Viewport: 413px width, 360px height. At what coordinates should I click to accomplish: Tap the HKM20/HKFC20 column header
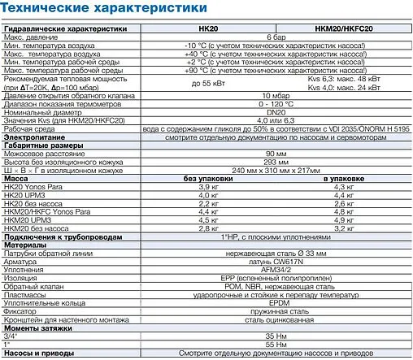344,28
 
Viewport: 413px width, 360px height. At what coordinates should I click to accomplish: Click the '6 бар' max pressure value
276,37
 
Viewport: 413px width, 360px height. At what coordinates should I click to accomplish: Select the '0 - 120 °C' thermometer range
276,105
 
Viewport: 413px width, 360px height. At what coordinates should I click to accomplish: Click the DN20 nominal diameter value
276,113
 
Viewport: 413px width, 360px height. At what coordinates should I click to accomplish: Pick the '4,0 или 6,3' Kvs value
276,122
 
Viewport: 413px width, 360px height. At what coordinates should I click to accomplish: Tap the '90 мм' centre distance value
276,152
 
